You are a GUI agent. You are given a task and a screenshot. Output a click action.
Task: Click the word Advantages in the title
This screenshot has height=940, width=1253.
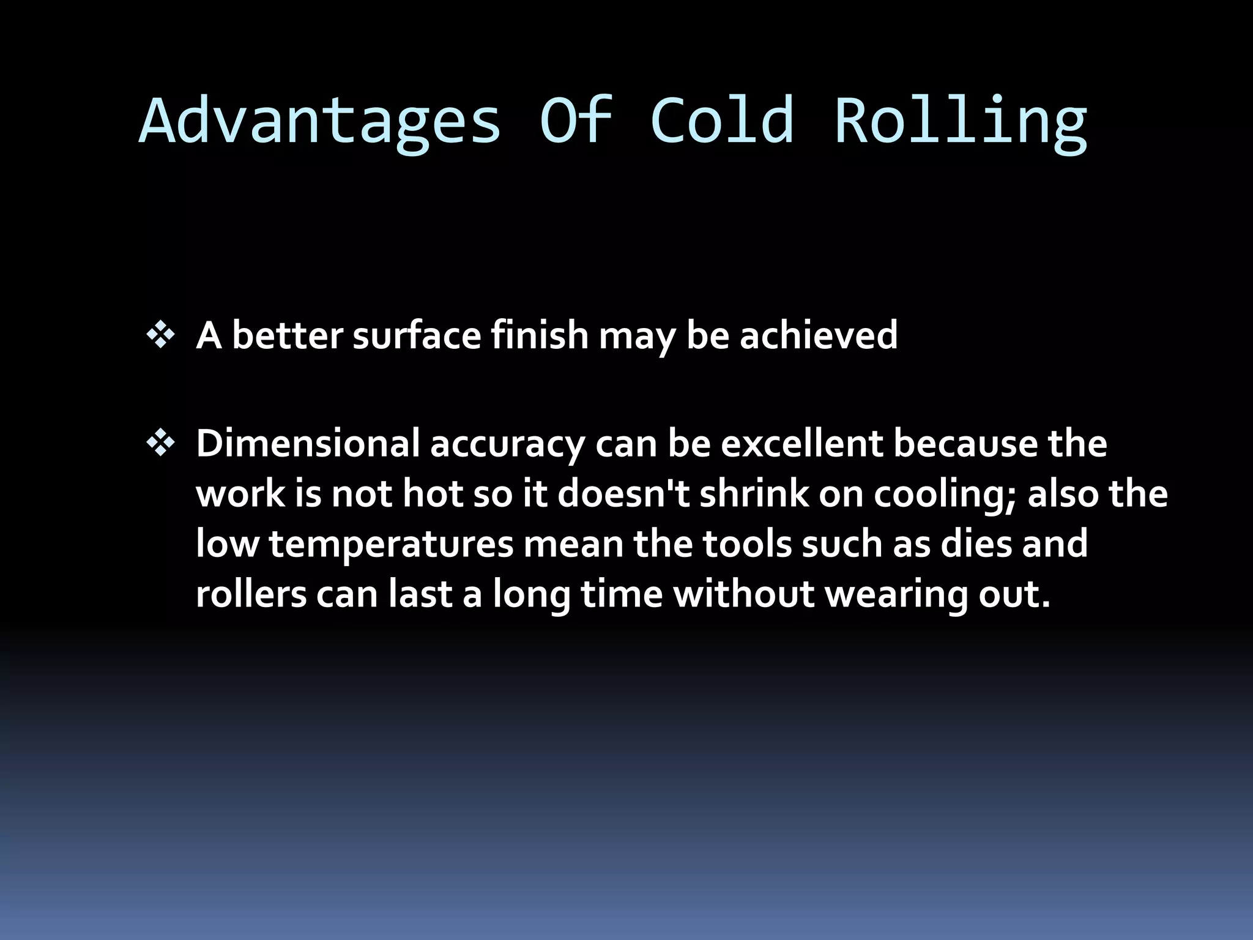point(319,121)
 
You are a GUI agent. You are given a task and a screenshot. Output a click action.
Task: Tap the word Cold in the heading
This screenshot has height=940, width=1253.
point(722,121)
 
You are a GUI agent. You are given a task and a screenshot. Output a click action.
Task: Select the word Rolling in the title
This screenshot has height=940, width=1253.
point(961,121)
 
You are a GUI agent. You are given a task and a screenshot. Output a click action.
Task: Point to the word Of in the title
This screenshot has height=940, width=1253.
point(575,121)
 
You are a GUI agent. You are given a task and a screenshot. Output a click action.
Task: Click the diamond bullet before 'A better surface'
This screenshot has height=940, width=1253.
point(161,336)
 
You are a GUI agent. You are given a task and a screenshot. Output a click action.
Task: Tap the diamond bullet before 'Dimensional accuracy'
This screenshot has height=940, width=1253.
point(161,444)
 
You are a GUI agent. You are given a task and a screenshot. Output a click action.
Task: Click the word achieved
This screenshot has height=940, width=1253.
point(818,336)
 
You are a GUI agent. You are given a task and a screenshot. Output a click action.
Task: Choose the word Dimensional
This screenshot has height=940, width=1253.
point(308,444)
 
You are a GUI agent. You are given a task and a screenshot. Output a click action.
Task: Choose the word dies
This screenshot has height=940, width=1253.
point(976,544)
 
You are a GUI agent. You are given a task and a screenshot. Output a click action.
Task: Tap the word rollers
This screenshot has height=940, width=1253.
point(251,594)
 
